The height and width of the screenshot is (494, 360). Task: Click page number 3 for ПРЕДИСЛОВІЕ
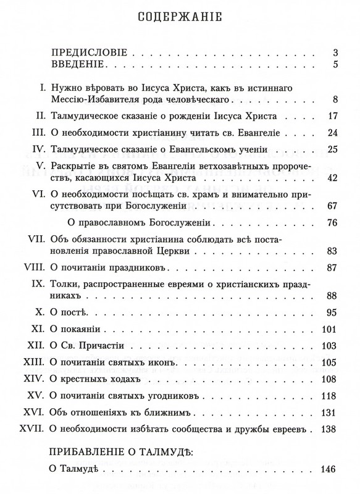point(333,52)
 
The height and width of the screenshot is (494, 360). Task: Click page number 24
point(330,132)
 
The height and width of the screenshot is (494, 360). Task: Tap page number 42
point(330,178)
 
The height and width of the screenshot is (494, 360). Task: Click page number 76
point(330,223)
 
